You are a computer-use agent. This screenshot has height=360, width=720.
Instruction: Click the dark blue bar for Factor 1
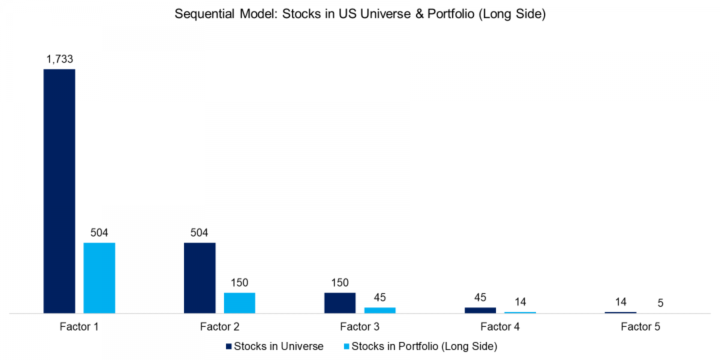click(x=59, y=191)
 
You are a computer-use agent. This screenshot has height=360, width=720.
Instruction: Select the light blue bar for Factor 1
click(x=99, y=278)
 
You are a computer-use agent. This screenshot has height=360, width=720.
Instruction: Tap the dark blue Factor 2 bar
click(x=200, y=278)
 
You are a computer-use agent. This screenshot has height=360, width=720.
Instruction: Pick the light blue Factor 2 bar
click(x=239, y=303)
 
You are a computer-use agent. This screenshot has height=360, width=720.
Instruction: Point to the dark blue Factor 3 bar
click(x=340, y=303)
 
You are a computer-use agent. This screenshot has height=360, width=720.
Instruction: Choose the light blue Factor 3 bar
click(x=380, y=310)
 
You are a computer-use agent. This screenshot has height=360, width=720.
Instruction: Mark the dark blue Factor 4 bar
click(x=480, y=310)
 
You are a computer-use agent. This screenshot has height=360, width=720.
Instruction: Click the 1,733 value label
click(x=59, y=59)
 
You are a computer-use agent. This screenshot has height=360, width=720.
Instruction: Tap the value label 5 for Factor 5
click(x=660, y=303)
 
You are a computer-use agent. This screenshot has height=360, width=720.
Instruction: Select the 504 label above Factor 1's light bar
click(x=99, y=233)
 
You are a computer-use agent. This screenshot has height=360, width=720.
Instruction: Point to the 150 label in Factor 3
click(x=340, y=283)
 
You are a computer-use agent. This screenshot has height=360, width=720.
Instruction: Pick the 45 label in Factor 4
click(x=480, y=297)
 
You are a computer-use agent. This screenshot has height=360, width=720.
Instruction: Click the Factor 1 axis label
click(x=79, y=327)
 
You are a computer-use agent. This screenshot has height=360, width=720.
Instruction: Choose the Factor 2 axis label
click(x=219, y=327)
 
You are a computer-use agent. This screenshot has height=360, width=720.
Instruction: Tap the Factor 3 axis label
click(x=360, y=327)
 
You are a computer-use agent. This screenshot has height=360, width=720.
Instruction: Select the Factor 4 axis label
click(x=500, y=327)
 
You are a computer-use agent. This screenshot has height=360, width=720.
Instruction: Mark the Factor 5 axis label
click(x=641, y=327)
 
